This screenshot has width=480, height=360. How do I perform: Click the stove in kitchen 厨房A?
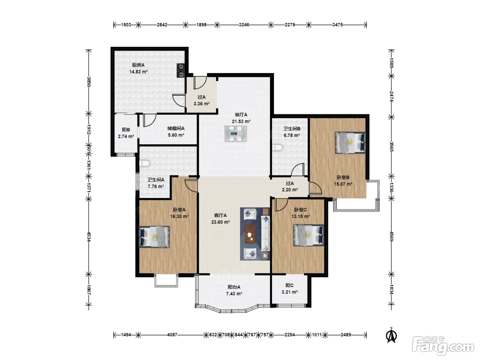[x=181, y=70]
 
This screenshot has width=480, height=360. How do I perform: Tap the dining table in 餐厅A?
[x=236, y=134]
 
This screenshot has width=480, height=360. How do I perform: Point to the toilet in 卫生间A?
[x=145, y=163]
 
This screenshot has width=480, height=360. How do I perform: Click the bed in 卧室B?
[x=350, y=143]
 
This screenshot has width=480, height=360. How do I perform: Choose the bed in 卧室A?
[x=154, y=237]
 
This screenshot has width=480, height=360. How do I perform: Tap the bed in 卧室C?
[x=309, y=235]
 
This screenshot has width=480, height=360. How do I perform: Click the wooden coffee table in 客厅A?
[x=250, y=234]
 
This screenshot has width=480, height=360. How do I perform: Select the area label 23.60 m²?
[x=220, y=222]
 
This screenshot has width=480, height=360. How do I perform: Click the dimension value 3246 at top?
[x=244, y=25]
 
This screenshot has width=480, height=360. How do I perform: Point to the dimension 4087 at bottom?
[x=172, y=335]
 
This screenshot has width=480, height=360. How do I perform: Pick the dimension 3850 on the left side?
[x=88, y=82]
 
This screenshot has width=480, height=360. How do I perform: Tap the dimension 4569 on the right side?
[x=391, y=236]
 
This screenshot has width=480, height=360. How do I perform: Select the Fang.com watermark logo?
[x=443, y=346]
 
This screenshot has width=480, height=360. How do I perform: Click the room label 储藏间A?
[x=176, y=129]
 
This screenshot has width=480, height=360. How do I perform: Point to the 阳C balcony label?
[x=289, y=285]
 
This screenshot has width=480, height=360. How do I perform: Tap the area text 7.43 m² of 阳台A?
[x=234, y=294]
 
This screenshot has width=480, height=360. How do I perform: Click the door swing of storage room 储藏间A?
[x=150, y=120]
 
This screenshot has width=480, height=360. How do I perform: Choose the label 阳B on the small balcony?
[x=126, y=130]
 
